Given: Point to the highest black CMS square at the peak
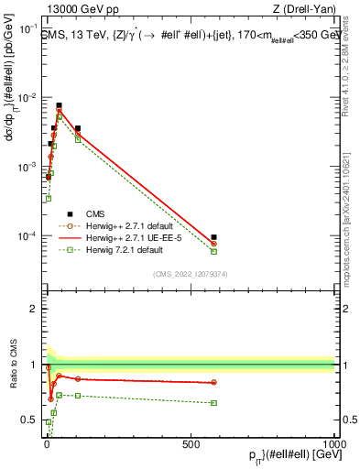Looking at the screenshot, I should (60, 105).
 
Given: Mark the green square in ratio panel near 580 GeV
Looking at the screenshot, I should (213, 402).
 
